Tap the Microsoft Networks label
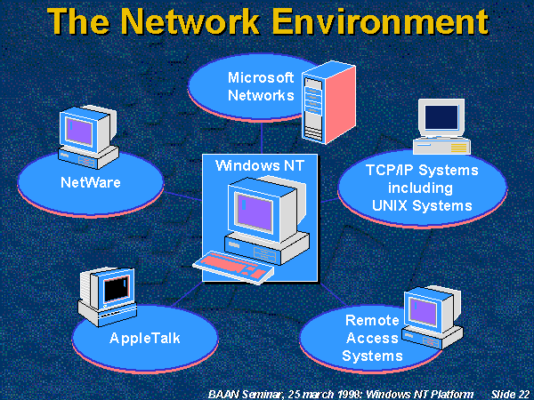tap(260, 86)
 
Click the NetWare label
tap(90, 184)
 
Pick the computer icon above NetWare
tap(88, 138)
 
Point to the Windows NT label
tap(257, 164)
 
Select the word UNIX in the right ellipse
tap(395, 206)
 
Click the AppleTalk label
tap(143, 339)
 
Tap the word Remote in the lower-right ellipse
tap(372, 320)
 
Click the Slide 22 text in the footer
tap(510, 393)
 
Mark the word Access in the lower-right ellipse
tap(372, 339)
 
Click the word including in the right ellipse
tap(420, 188)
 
